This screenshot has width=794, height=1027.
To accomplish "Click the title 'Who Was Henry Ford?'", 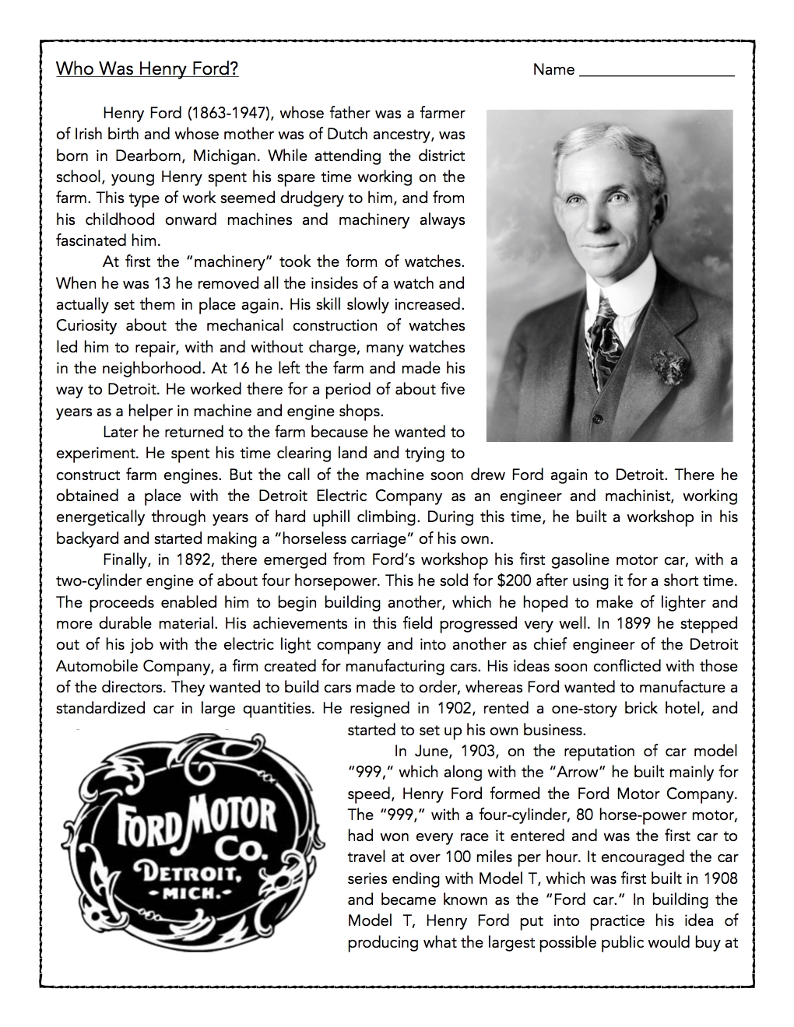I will [147, 68].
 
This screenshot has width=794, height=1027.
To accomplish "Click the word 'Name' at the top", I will [553, 69].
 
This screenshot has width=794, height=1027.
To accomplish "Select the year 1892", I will [195, 559].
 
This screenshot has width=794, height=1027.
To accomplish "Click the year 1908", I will [718, 878].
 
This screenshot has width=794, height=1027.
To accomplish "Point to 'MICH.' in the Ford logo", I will [191, 892].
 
